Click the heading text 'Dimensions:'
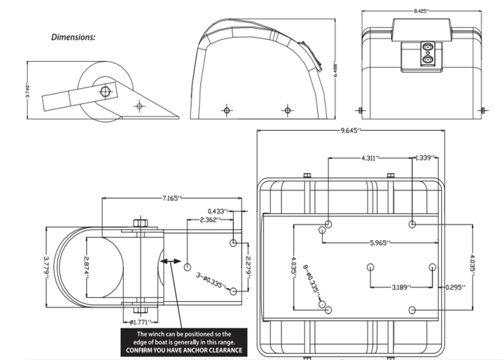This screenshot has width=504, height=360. pos(73,36)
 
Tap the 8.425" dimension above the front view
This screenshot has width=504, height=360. pos(420,11)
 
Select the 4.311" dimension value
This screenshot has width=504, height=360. pos(371,158)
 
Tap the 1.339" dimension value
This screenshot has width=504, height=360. pos(426,158)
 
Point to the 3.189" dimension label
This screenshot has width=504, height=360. pos(401,286)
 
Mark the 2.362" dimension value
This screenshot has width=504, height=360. pos(209,219)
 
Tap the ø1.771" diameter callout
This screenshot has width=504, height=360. pos(141,322)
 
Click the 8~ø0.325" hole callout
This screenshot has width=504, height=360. pos(313,279)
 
